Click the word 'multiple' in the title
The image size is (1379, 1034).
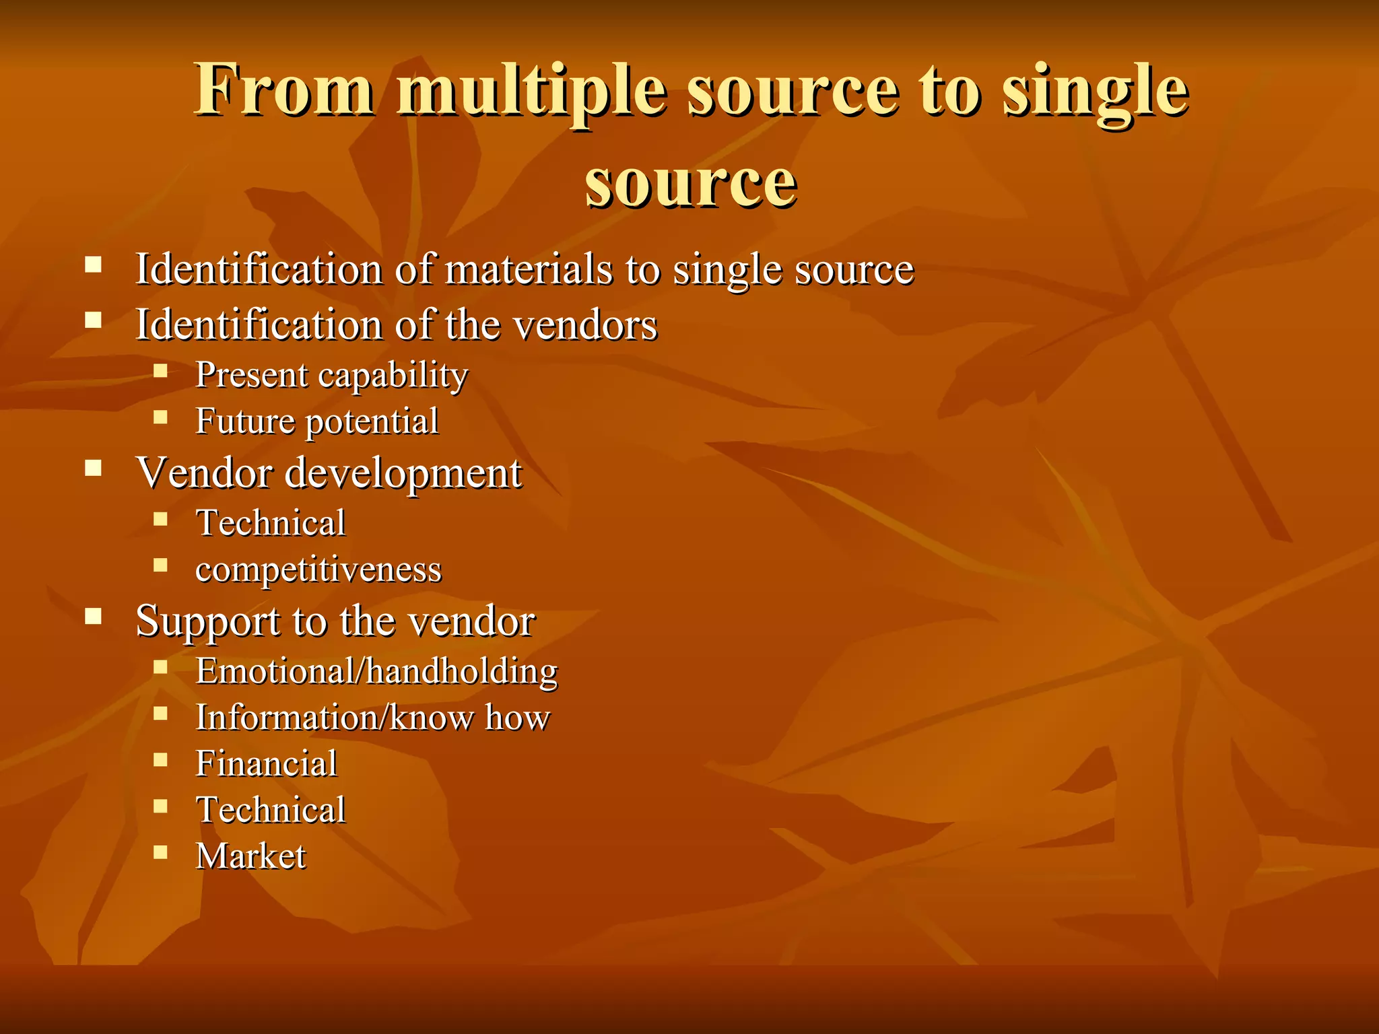[532, 91]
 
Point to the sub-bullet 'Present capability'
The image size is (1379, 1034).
[331, 375]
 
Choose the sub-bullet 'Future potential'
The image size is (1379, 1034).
[316, 421]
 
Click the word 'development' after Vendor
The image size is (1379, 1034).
[403, 473]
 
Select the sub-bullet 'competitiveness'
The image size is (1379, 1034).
[318, 570]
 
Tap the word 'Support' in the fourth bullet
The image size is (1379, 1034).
[208, 621]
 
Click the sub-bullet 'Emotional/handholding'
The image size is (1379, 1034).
[376, 671]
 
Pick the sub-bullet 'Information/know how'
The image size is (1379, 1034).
[373, 717]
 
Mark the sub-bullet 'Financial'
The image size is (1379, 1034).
[266, 763]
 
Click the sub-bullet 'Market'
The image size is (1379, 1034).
[250, 856]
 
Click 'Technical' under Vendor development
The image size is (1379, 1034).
[271, 523]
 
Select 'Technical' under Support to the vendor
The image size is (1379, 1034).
[271, 810]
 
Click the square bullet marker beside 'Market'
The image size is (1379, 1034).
[160, 852]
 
